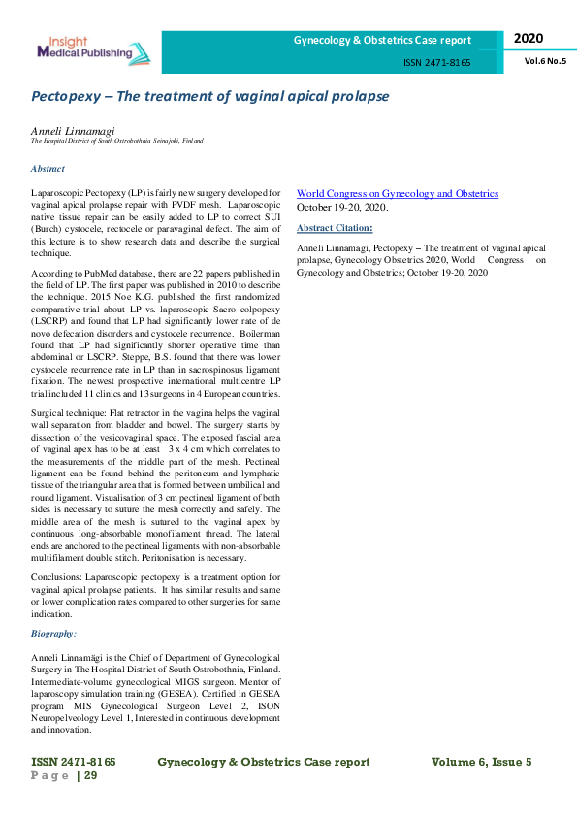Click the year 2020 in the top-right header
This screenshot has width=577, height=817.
pos(529,38)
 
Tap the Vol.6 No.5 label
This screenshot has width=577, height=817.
pos(545,60)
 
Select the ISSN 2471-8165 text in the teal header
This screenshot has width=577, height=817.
pos(436,62)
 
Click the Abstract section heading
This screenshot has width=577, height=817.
pos(48,168)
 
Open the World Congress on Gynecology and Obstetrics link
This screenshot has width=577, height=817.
pos(398,194)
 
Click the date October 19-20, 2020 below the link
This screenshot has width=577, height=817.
pos(341,208)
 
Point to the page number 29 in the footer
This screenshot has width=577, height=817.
pos(90,775)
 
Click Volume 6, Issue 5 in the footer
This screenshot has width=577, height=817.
pos(481,762)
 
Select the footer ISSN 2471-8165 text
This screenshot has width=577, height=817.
pos(74,762)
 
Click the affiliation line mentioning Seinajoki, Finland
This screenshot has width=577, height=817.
pos(117,141)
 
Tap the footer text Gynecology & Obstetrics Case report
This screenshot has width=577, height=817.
pos(271,762)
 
